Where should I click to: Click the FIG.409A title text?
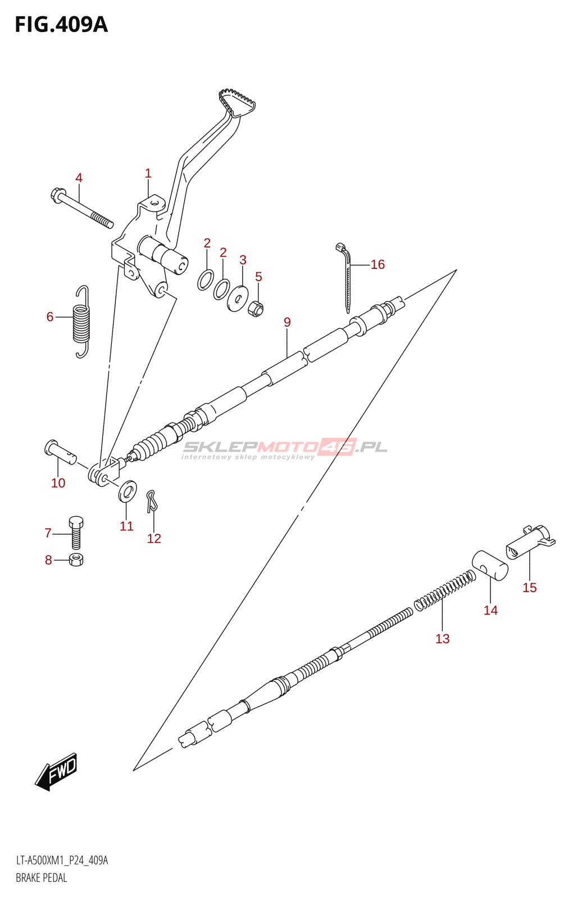(61, 25)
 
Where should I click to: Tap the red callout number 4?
(79, 178)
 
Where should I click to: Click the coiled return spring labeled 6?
(82, 322)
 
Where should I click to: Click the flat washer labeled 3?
(238, 297)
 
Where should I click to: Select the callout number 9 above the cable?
(287, 322)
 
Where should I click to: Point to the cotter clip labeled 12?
(151, 501)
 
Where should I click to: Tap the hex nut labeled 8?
(76, 560)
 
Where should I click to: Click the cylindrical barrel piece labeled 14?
(490, 565)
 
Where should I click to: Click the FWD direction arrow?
(56, 772)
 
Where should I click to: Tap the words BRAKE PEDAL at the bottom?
(42, 878)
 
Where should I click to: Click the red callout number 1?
(148, 173)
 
